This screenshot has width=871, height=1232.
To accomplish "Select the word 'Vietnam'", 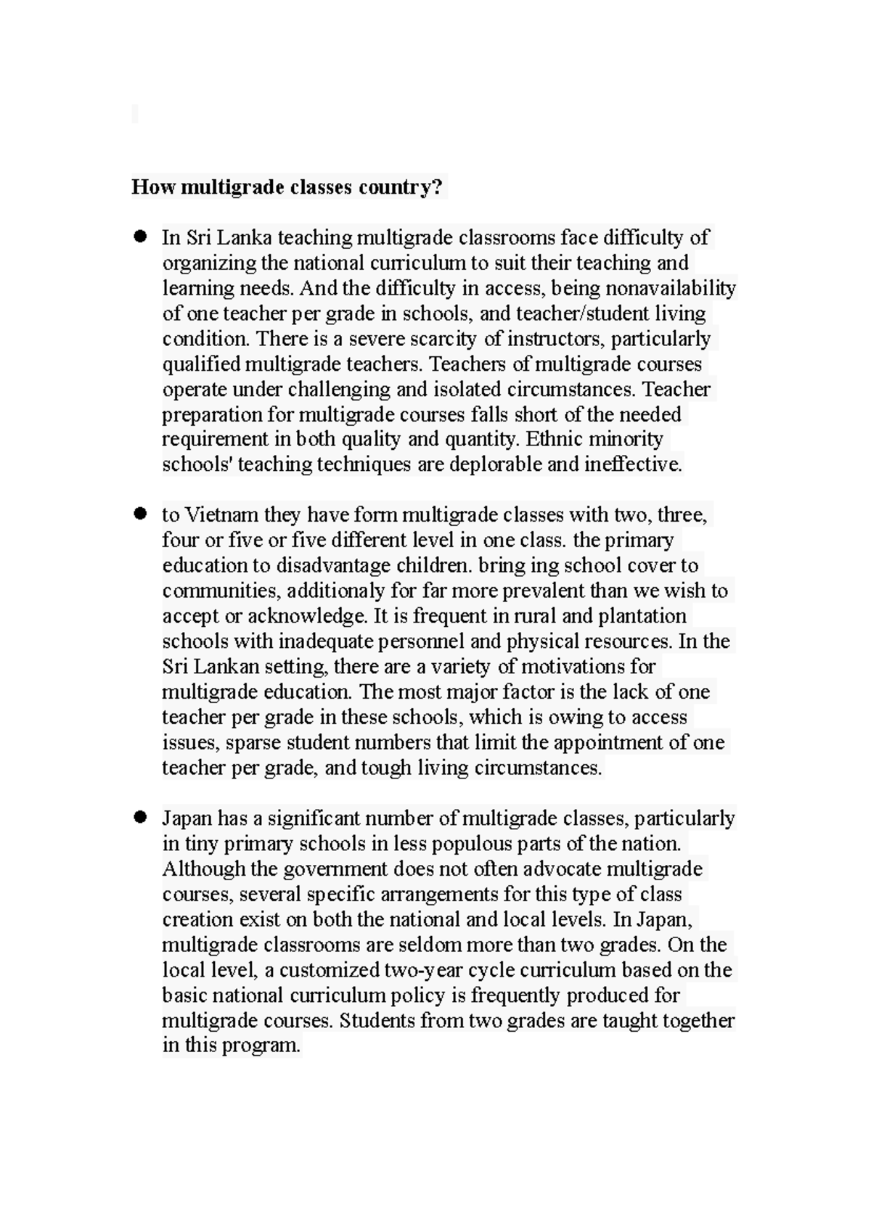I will click(x=221, y=515).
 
